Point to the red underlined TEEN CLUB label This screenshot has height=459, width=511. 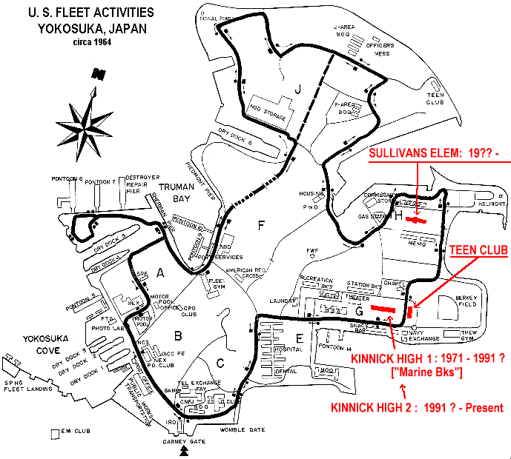(x=479, y=251)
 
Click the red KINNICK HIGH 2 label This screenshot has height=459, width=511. (x=416, y=407)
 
